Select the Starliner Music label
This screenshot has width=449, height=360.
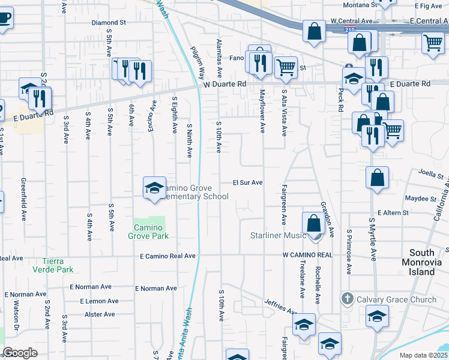click(x=278, y=235)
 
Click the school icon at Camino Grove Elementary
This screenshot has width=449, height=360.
click(x=154, y=187)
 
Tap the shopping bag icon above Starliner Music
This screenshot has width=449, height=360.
click(x=313, y=223)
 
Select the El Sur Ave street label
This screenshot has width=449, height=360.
click(x=248, y=182)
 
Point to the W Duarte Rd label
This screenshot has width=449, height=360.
click(x=225, y=85)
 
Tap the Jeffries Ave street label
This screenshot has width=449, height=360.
click(x=282, y=307)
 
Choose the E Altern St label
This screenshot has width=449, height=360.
click(x=393, y=212)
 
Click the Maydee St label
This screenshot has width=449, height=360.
click(x=420, y=198)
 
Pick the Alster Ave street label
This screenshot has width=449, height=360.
click(x=100, y=314)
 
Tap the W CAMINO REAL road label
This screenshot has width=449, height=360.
click(x=307, y=255)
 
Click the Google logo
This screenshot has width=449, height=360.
click(x=20, y=353)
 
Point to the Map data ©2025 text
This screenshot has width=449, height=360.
click(x=423, y=356)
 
